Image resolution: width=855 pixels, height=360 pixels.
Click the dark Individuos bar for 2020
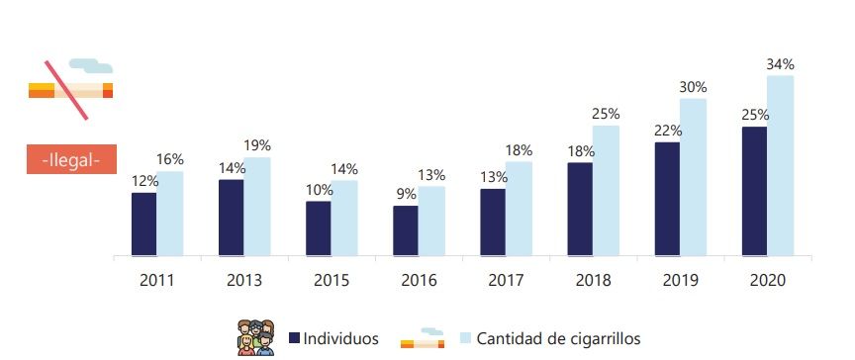pos(754,191)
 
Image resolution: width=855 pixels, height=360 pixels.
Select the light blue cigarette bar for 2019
pos(693,177)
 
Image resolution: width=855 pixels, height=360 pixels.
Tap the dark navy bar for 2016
pos(406,230)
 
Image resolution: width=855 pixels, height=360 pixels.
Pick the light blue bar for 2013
pos(257,206)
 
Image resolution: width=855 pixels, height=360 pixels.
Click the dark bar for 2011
pos(143,224)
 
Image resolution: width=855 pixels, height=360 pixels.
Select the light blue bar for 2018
pos(606,190)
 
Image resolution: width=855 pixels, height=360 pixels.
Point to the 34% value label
pos(780,64)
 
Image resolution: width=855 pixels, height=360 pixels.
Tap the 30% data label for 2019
pos(693,87)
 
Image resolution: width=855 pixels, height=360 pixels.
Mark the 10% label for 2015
pos(319,190)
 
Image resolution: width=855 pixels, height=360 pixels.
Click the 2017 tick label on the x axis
pos(506,280)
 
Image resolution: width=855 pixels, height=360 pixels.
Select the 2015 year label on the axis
pos(331,280)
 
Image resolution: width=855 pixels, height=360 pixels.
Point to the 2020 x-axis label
pos(767,280)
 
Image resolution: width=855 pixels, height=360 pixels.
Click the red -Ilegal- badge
pos(70,159)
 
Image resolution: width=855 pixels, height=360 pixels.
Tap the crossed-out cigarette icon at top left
pos(70,87)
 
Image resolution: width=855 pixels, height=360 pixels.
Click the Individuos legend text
pos(341,338)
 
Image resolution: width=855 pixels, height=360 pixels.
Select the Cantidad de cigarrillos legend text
pos(564,338)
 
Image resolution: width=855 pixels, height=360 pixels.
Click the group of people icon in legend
pos(255,337)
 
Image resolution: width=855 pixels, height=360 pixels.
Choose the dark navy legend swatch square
pos(294,338)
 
